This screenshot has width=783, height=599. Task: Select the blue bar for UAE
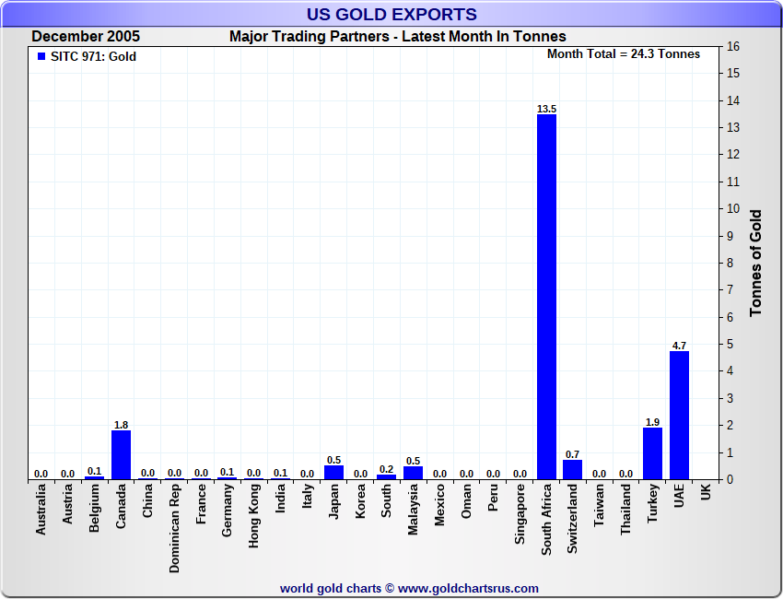tap(679, 415)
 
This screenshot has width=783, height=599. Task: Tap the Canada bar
tap(121, 454)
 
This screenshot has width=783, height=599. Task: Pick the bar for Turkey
tap(652, 453)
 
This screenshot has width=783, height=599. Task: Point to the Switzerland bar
tap(573, 469)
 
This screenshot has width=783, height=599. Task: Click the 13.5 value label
tap(546, 109)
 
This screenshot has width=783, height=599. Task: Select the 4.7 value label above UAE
tap(679, 346)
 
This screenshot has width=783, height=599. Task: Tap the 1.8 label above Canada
tap(121, 425)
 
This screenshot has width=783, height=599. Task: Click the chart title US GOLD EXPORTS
tap(391, 14)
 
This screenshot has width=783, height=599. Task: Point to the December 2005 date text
tap(86, 37)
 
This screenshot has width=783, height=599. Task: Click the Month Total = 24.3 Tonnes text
tap(624, 53)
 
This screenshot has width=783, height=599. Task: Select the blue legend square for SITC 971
tap(41, 56)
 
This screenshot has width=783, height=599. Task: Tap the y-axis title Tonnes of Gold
tap(755, 264)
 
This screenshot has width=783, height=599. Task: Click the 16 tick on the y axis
tap(733, 46)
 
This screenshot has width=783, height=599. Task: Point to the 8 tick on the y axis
tap(730, 263)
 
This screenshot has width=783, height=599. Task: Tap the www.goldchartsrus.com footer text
tap(469, 588)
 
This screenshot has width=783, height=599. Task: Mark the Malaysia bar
tap(413, 473)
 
